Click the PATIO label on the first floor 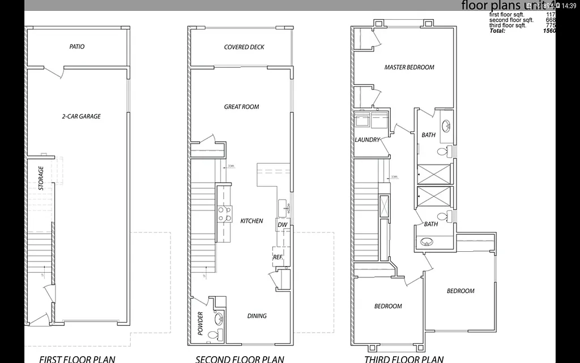[x=77, y=47]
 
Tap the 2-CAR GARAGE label [x=82, y=116]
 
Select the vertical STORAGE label [x=40, y=178]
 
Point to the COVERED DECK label [x=244, y=47]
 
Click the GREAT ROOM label [x=241, y=107]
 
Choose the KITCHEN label [x=251, y=221]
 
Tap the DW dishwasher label [x=282, y=225]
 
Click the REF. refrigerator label [x=278, y=257]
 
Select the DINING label [x=257, y=316]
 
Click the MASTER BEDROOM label [x=409, y=67]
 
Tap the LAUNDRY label [x=367, y=140]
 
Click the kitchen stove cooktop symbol [x=224, y=213]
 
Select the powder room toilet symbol [x=213, y=335]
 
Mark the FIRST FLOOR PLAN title [x=77, y=358]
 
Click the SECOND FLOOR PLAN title [x=240, y=358]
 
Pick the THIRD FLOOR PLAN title [x=404, y=358]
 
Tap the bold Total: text [x=498, y=31]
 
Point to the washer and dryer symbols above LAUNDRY [x=369, y=120]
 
